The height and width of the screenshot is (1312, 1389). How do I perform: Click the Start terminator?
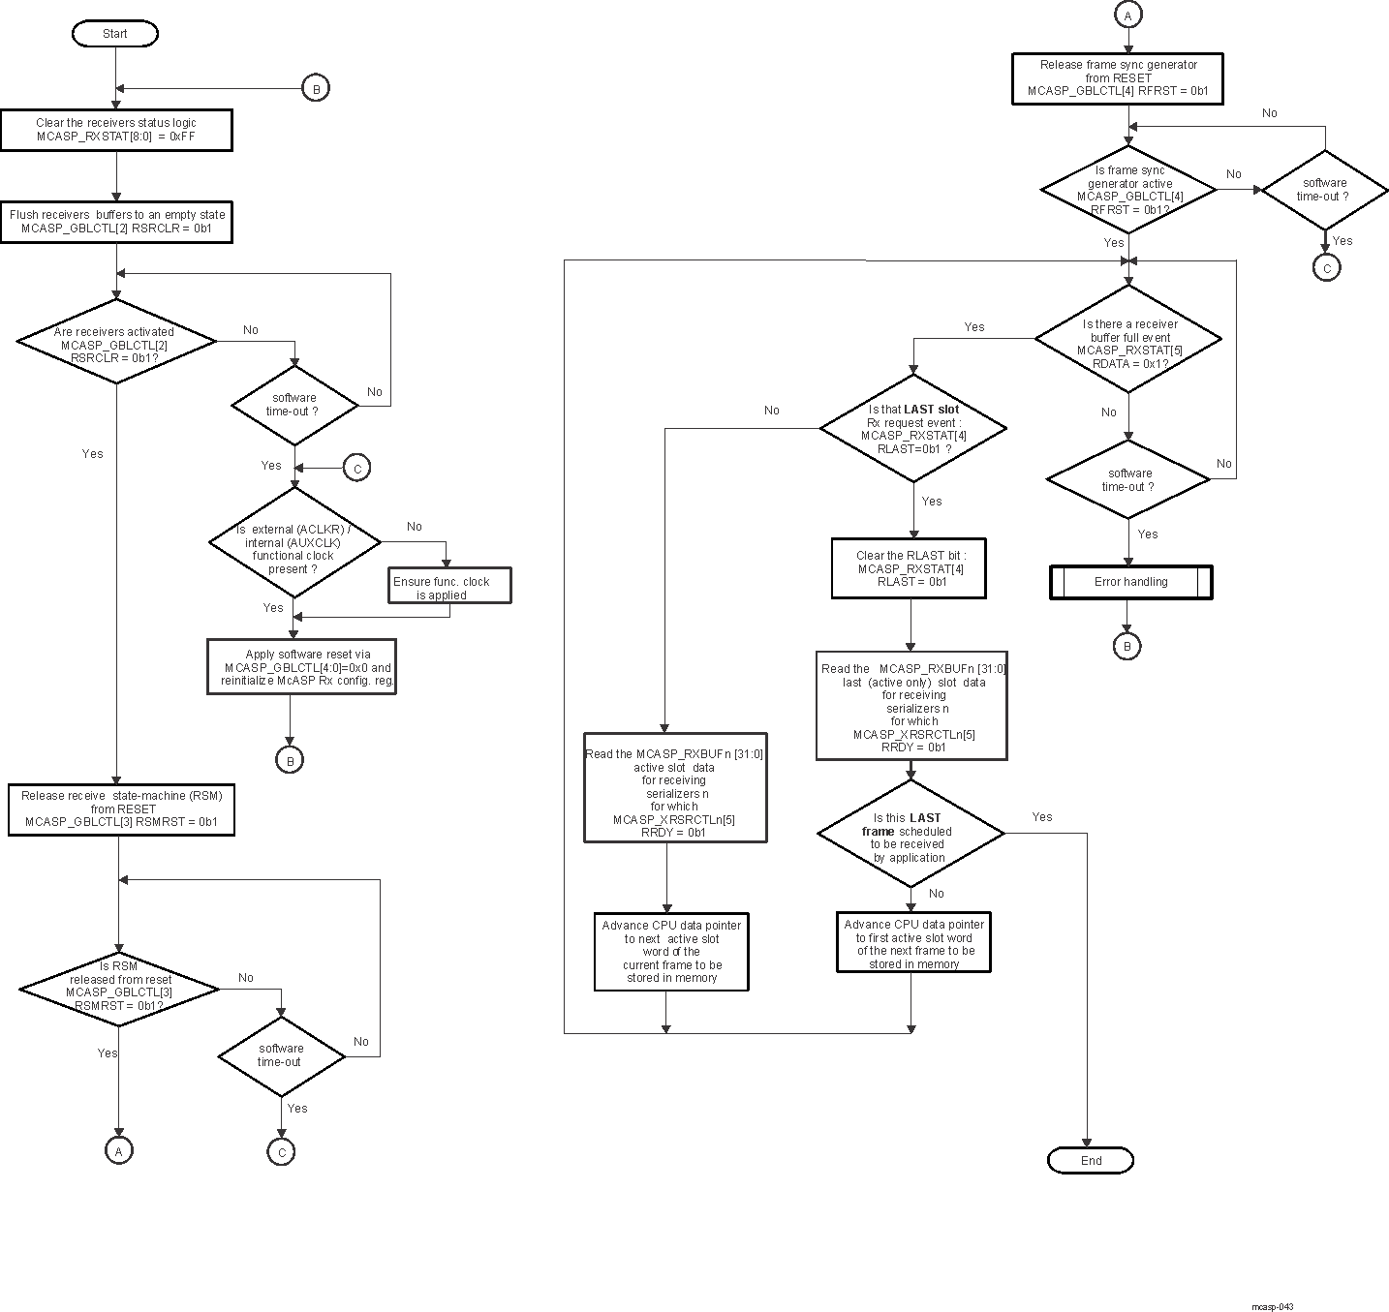(114, 34)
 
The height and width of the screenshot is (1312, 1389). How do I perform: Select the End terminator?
(1091, 1160)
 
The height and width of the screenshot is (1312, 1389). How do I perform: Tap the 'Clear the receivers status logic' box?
(116, 130)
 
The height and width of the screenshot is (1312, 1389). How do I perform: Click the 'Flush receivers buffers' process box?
(116, 222)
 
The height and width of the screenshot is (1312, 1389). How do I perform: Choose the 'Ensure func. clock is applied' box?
(449, 586)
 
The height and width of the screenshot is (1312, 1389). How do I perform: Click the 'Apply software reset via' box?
(302, 666)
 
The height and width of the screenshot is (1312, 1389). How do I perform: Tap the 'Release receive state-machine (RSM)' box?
(121, 809)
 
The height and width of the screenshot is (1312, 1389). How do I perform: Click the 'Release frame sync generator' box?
(1119, 78)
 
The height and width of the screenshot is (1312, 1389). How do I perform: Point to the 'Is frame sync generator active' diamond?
(1129, 190)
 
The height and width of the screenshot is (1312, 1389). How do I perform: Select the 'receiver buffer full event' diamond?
(1129, 339)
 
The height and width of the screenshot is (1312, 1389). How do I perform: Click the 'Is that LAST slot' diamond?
(913, 429)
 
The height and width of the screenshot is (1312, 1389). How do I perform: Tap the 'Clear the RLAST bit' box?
(910, 568)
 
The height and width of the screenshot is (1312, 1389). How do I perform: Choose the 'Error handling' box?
(1130, 582)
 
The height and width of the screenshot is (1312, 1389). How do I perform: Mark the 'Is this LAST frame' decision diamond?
(911, 834)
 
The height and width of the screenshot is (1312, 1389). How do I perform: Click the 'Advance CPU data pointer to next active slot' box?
(671, 951)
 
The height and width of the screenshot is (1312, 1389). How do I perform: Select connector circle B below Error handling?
(1127, 646)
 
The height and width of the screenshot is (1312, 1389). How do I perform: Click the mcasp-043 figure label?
(1272, 1306)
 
